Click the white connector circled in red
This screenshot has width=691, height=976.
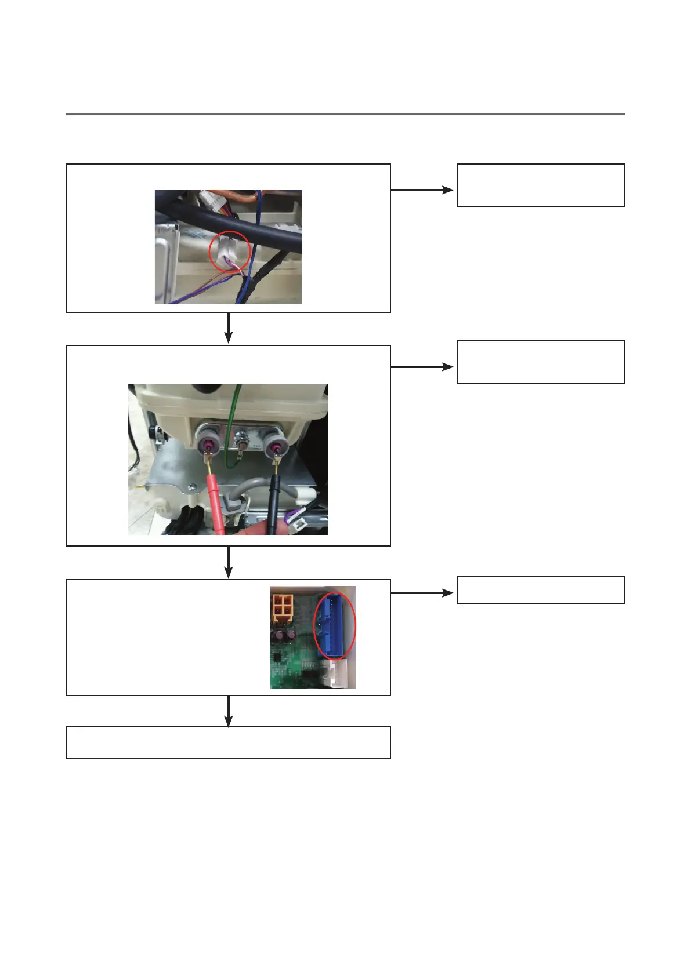point(228,251)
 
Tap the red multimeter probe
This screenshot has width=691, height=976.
point(215,498)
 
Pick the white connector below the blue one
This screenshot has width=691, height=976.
point(342,673)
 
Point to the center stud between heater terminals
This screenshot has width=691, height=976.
point(241,445)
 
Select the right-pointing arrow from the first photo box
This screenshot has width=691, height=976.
point(423,190)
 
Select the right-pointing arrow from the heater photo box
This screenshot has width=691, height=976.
point(423,367)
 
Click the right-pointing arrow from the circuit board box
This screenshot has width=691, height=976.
point(423,593)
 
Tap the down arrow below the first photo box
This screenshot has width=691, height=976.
point(229,329)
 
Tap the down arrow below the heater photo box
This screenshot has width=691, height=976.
point(229,562)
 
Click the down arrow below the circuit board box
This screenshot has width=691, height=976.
point(229,711)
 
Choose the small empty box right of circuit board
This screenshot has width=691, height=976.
point(541,590)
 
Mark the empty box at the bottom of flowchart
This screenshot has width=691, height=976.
point(228,742)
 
